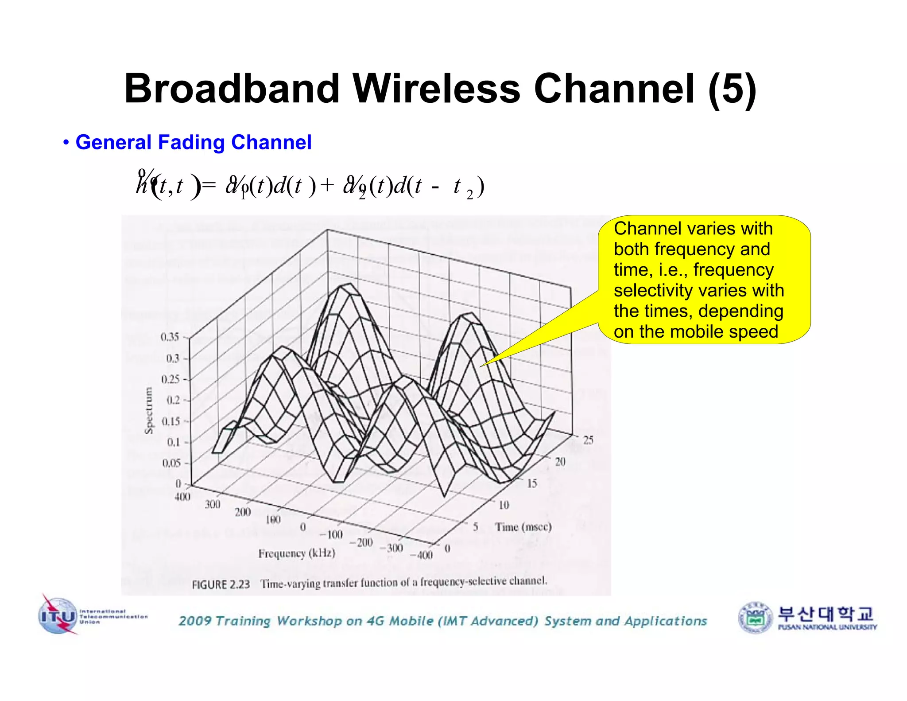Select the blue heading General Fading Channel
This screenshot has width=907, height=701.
click(194, 142)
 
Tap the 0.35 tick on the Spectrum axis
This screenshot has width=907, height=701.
click(170, 337)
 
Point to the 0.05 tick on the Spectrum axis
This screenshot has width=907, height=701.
click(171, 463)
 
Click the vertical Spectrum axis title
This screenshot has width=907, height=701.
click(149, 410)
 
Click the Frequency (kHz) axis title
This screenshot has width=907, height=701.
click(297, 553)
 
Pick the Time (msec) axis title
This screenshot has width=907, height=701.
click(523, 527)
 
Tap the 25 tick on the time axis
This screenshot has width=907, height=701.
click(588, 440)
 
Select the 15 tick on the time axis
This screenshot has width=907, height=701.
click(532, 483)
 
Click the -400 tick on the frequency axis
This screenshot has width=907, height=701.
click(422, 555)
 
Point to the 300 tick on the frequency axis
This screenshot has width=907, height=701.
click(213, 504)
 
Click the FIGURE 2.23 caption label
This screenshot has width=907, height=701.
click(221, 584)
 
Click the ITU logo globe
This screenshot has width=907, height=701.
click(58, 616)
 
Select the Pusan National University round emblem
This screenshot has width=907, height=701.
click(755, 617)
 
